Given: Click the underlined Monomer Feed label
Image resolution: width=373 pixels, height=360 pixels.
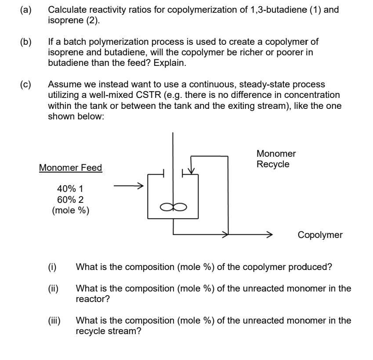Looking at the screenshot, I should point(70,168).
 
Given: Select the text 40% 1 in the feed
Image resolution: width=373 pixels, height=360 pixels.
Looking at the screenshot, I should point(70,189).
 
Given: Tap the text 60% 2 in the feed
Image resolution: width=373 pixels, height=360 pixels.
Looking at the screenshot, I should point(70,199).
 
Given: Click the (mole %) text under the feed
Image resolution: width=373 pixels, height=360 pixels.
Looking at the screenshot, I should point(70,210).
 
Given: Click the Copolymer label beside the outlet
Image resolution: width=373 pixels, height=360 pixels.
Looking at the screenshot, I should point(320,235).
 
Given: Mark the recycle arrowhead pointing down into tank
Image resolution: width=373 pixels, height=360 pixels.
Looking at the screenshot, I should point(191,170).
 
